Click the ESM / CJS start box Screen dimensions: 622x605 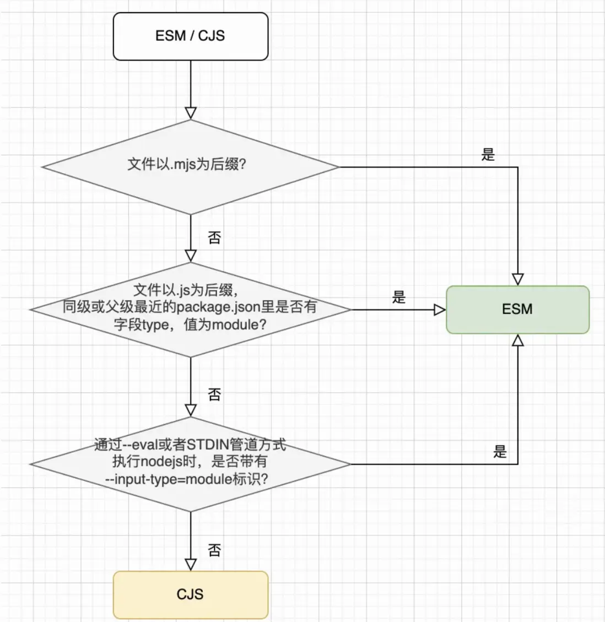click(190, 36)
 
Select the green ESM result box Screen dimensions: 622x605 click(517, 309)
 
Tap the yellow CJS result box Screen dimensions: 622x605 click(190, 594)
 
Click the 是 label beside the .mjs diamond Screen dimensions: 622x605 click(488, 155)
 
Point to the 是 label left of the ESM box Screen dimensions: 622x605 click(399, 298)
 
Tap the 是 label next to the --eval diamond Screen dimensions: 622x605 click(500, 452)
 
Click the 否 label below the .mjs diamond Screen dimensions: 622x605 click(214, 237)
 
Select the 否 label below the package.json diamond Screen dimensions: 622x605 click(214, 394)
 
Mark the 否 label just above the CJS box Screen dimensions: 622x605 click(214, 550)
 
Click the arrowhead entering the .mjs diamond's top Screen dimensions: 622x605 click(191, 113)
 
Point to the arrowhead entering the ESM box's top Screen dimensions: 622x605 click(518, 278)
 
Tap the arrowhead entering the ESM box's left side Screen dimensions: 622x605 click(439, 310)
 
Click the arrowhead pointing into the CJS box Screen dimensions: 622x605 click(191, 565)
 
